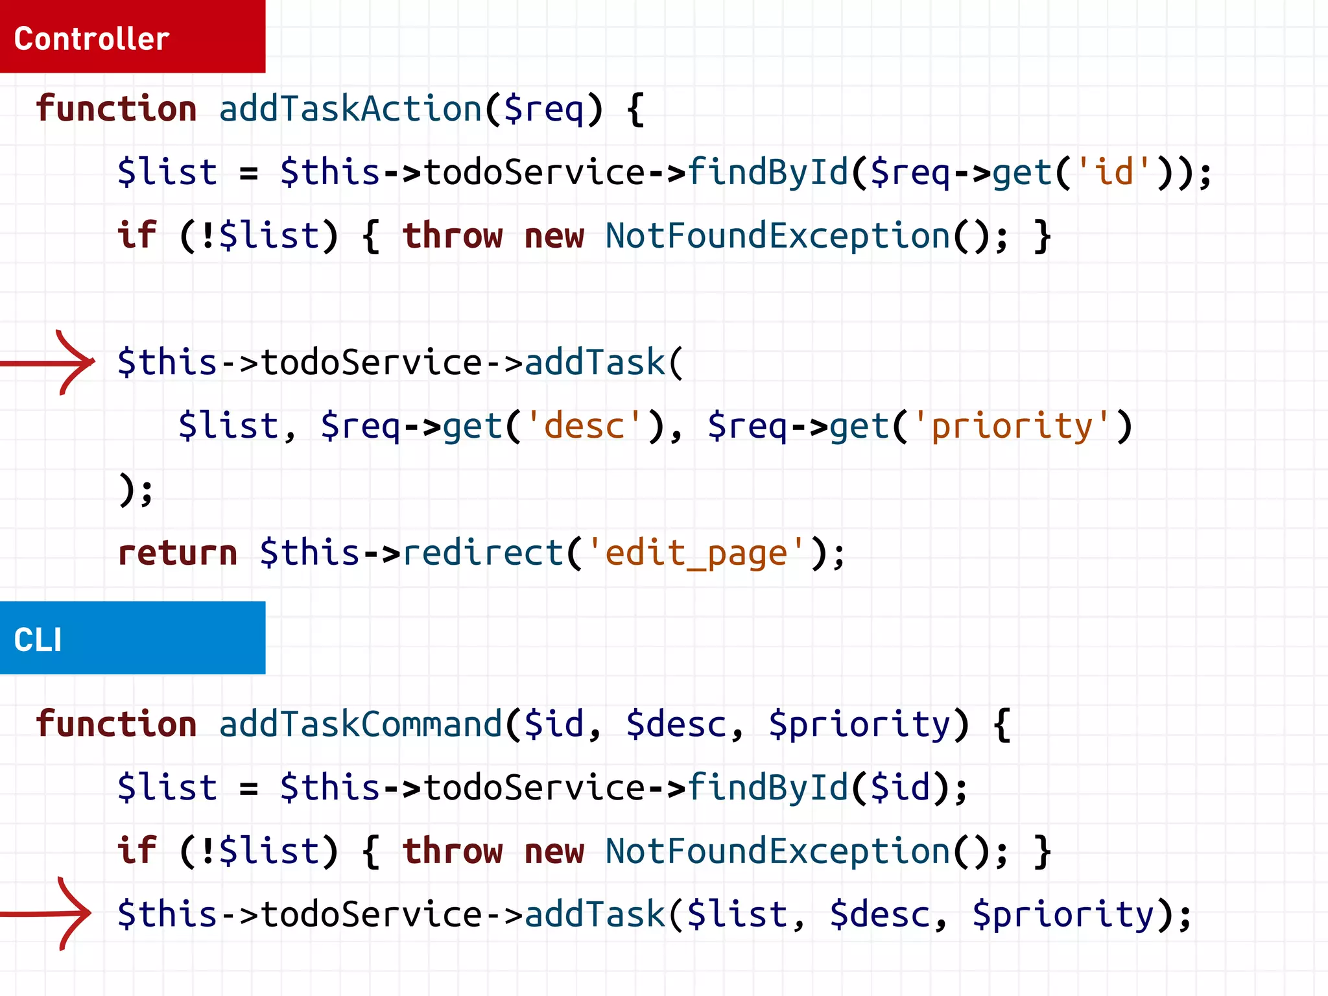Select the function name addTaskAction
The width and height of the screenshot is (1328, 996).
tap(350, 108)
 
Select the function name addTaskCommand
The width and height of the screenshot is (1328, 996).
tap(361, 724)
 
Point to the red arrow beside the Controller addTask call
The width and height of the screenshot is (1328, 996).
tap(49, 362)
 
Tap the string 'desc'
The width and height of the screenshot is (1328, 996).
tap(584, 426)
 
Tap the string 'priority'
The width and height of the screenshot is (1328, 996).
tap(1012, 426)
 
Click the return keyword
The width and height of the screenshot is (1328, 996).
tap(177, 553)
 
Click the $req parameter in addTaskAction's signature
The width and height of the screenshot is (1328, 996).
tap(543, 108)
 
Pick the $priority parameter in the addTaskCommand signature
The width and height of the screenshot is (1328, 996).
tap(859, 724)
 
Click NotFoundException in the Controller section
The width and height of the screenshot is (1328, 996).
tap(777, 235)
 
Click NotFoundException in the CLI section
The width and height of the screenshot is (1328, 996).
tap(777, 851)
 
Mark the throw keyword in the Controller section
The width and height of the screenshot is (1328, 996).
tap(452, 235)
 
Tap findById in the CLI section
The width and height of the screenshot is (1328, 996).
tap(768, 787)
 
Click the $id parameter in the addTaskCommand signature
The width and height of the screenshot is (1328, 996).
tap(554, 724)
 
